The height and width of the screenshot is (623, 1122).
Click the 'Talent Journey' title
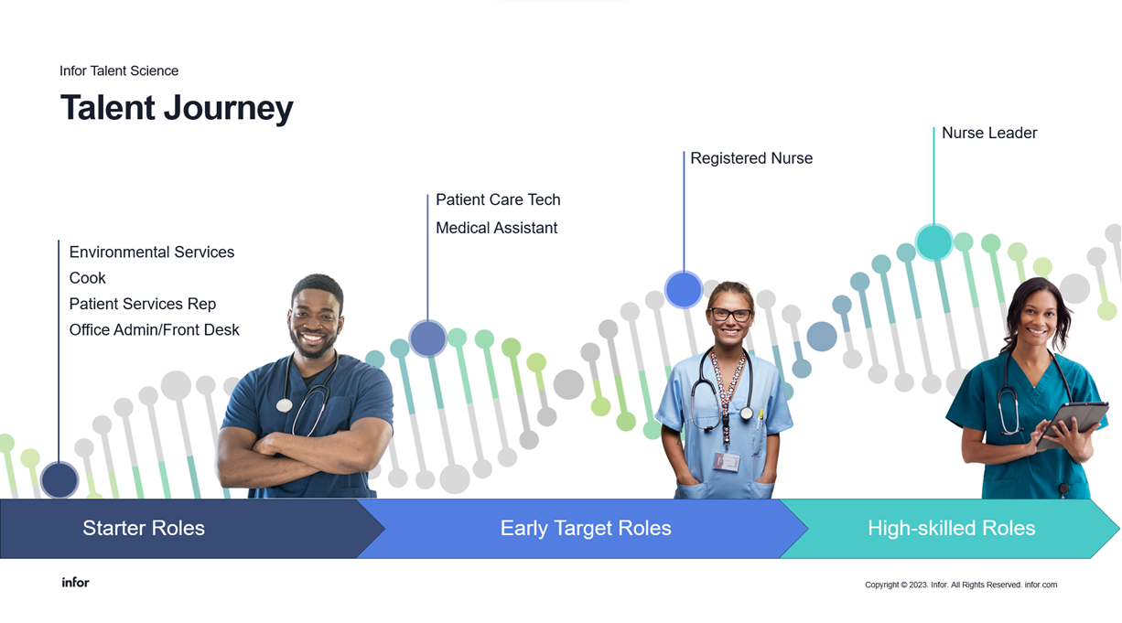point(177,108)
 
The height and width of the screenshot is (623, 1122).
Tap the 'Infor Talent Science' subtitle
point(119,71)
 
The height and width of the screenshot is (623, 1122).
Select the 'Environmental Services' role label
point(152,252)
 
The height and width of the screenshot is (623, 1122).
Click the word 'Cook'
point(87,278)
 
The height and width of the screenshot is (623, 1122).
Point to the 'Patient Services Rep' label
point(143,304)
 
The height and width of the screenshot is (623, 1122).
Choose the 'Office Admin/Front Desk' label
point(155,330)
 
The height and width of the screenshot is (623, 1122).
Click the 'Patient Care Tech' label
point(498,199)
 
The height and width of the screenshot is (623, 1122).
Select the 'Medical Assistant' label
point(496,228)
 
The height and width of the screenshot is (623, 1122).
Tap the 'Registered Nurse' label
point(751,158)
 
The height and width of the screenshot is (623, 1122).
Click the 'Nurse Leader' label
point(989,133)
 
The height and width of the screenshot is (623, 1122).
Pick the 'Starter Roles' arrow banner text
point(144,528)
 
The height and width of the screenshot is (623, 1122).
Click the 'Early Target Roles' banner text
point(586,528)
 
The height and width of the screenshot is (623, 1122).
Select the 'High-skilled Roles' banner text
point(952,528)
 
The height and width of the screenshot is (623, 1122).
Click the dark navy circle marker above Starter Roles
point(59,480)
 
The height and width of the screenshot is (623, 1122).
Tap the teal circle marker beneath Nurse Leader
point(934,242)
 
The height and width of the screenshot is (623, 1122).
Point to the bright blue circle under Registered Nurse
point(684,289)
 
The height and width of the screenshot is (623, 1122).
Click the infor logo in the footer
point(76,583)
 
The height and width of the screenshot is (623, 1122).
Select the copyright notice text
point(961,585)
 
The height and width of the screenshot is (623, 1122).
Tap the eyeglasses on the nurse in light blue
point(731,315)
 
